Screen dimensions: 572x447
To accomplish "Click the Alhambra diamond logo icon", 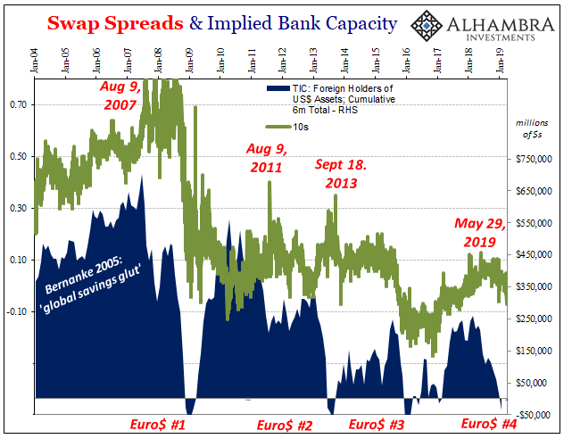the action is (x=427, y=26).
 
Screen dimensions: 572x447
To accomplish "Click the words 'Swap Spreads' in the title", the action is (x=115, y=23).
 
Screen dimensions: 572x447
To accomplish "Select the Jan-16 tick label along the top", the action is (x=406, y=60).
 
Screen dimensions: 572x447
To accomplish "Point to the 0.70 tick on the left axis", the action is (x=18, y=105).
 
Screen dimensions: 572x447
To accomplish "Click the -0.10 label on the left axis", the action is (x=17, y=311).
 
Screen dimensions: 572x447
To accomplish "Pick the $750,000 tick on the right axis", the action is (x=534, y=159).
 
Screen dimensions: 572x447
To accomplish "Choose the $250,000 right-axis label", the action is (x=534, y=319).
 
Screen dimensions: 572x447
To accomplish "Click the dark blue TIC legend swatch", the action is (x=278, y=88).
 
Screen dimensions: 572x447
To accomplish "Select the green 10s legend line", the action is (x=278, y=127).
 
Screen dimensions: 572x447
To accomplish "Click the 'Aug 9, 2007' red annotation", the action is (x=120, y=96).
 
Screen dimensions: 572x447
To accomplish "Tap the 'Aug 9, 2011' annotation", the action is (x=267, y=158).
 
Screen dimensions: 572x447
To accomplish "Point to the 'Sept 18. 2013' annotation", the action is (x=341, y=174).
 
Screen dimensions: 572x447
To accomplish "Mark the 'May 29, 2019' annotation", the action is (x=480, y=233).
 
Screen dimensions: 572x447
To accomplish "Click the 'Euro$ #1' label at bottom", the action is (x=158, y=425).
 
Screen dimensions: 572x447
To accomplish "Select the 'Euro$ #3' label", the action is (x=377, y=425).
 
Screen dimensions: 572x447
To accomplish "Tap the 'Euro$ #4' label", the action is (x=489, y=424).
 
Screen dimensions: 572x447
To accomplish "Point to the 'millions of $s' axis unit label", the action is (x=532, y=129).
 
